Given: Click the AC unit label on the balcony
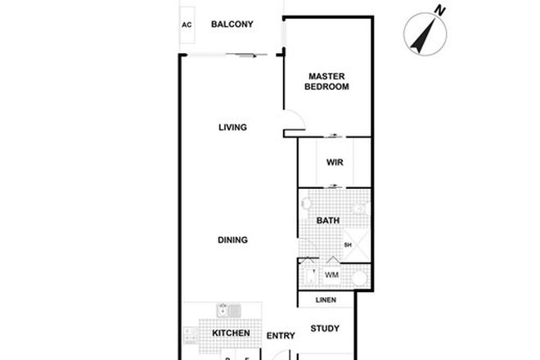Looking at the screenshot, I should pyautogui.click(x=187, y=25).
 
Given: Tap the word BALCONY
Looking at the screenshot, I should pyautogui.click(x=232, y=25).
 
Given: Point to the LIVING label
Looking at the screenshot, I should pyautogui.click(x=232, y=127).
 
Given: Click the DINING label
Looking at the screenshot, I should pyautogui.click(x=232, y=240).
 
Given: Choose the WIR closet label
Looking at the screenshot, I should pyautogui.click(x=334, y=163).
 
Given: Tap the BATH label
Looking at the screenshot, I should pyautogui.click(x=327, y=221).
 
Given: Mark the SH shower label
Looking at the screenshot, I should pyautogui.click(x=347, y=245).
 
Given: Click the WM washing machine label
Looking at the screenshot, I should pyautogui.click(x=331, y=275).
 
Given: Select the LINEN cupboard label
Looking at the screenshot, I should pyautogui.click(x=326, y=300).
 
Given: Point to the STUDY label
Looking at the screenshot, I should pyautogui.click(x=325, y=330).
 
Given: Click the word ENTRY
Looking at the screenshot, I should pyautogui.click(x=281, y=335).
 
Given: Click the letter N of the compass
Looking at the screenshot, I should pyautogui.click(x=440, y=11).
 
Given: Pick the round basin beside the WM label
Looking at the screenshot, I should pyautogui.click(x=357, y=277).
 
